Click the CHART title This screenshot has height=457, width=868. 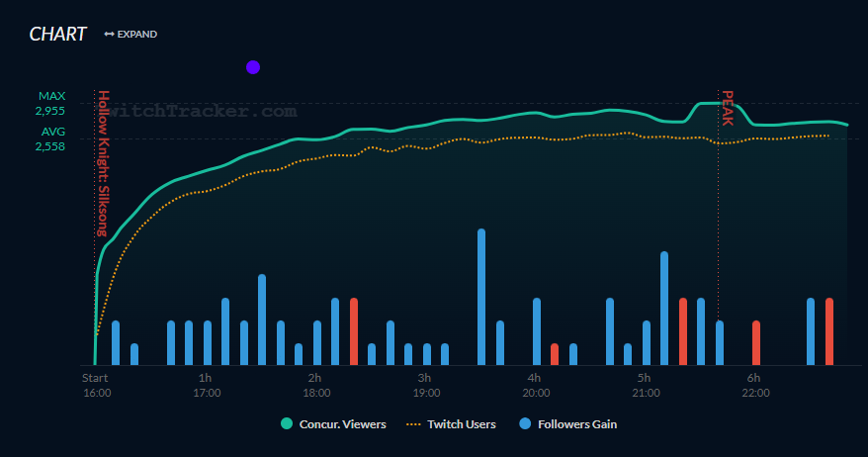[57, 34]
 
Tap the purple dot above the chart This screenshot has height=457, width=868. [252, 67]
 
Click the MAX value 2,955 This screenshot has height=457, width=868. [51, 111]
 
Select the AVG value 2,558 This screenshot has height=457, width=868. [51, 145]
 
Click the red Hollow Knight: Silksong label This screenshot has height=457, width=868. [103, 163]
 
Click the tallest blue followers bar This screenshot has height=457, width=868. [481, 297]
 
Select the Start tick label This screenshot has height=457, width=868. [95, 378]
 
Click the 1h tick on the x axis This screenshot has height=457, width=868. [206, 378]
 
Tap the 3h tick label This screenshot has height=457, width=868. [424, 378]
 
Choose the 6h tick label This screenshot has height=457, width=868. [753, 378]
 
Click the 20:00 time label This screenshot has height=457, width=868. [536, 393]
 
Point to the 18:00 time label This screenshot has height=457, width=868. [316, 393]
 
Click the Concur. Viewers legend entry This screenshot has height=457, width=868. [333, 424]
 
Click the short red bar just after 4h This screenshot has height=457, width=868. [555, 354]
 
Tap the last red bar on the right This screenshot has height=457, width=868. [829, 331]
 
